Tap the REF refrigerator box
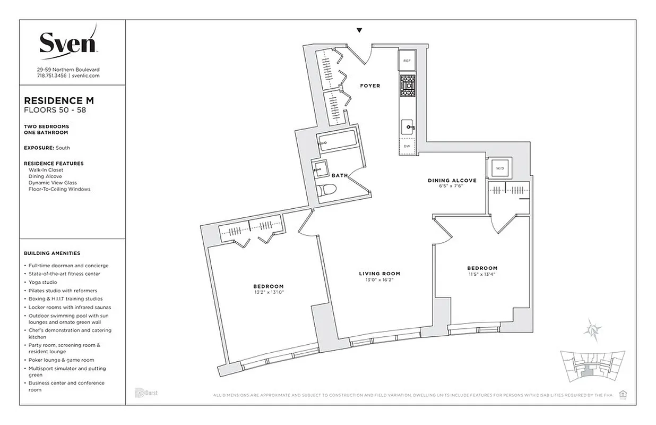tap(407, 61)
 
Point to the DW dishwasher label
tap(407, 146)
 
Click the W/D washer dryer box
tap(499, 168)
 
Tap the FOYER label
tap(370, 86)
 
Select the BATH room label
tap(340, 175)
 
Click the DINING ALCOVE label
tap(452, 181)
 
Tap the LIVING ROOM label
tap(379, 274)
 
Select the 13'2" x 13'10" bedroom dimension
tap(269, 292)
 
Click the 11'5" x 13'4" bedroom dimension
tap(482, 274)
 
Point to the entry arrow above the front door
tap(360, 30)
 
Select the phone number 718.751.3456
tap(52, 76)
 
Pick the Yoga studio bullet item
tap(42, 282)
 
